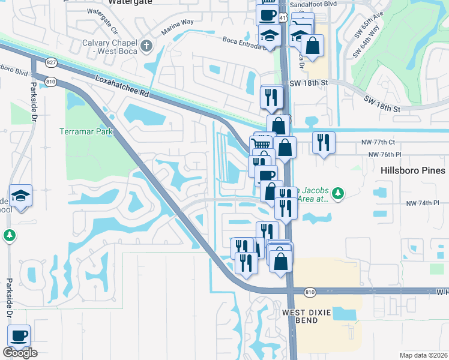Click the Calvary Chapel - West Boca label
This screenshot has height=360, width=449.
pos(109,46)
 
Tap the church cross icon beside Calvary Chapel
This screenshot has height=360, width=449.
pos(145,46)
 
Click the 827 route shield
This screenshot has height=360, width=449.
pos(51,62)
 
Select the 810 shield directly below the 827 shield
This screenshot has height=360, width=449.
pos(51,81)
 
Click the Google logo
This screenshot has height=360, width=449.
pos(20,353)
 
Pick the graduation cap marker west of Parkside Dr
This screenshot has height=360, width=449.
pos(20,196)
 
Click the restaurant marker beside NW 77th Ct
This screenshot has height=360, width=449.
pos(324,142)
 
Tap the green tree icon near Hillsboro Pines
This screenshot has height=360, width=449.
pos(338,193)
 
